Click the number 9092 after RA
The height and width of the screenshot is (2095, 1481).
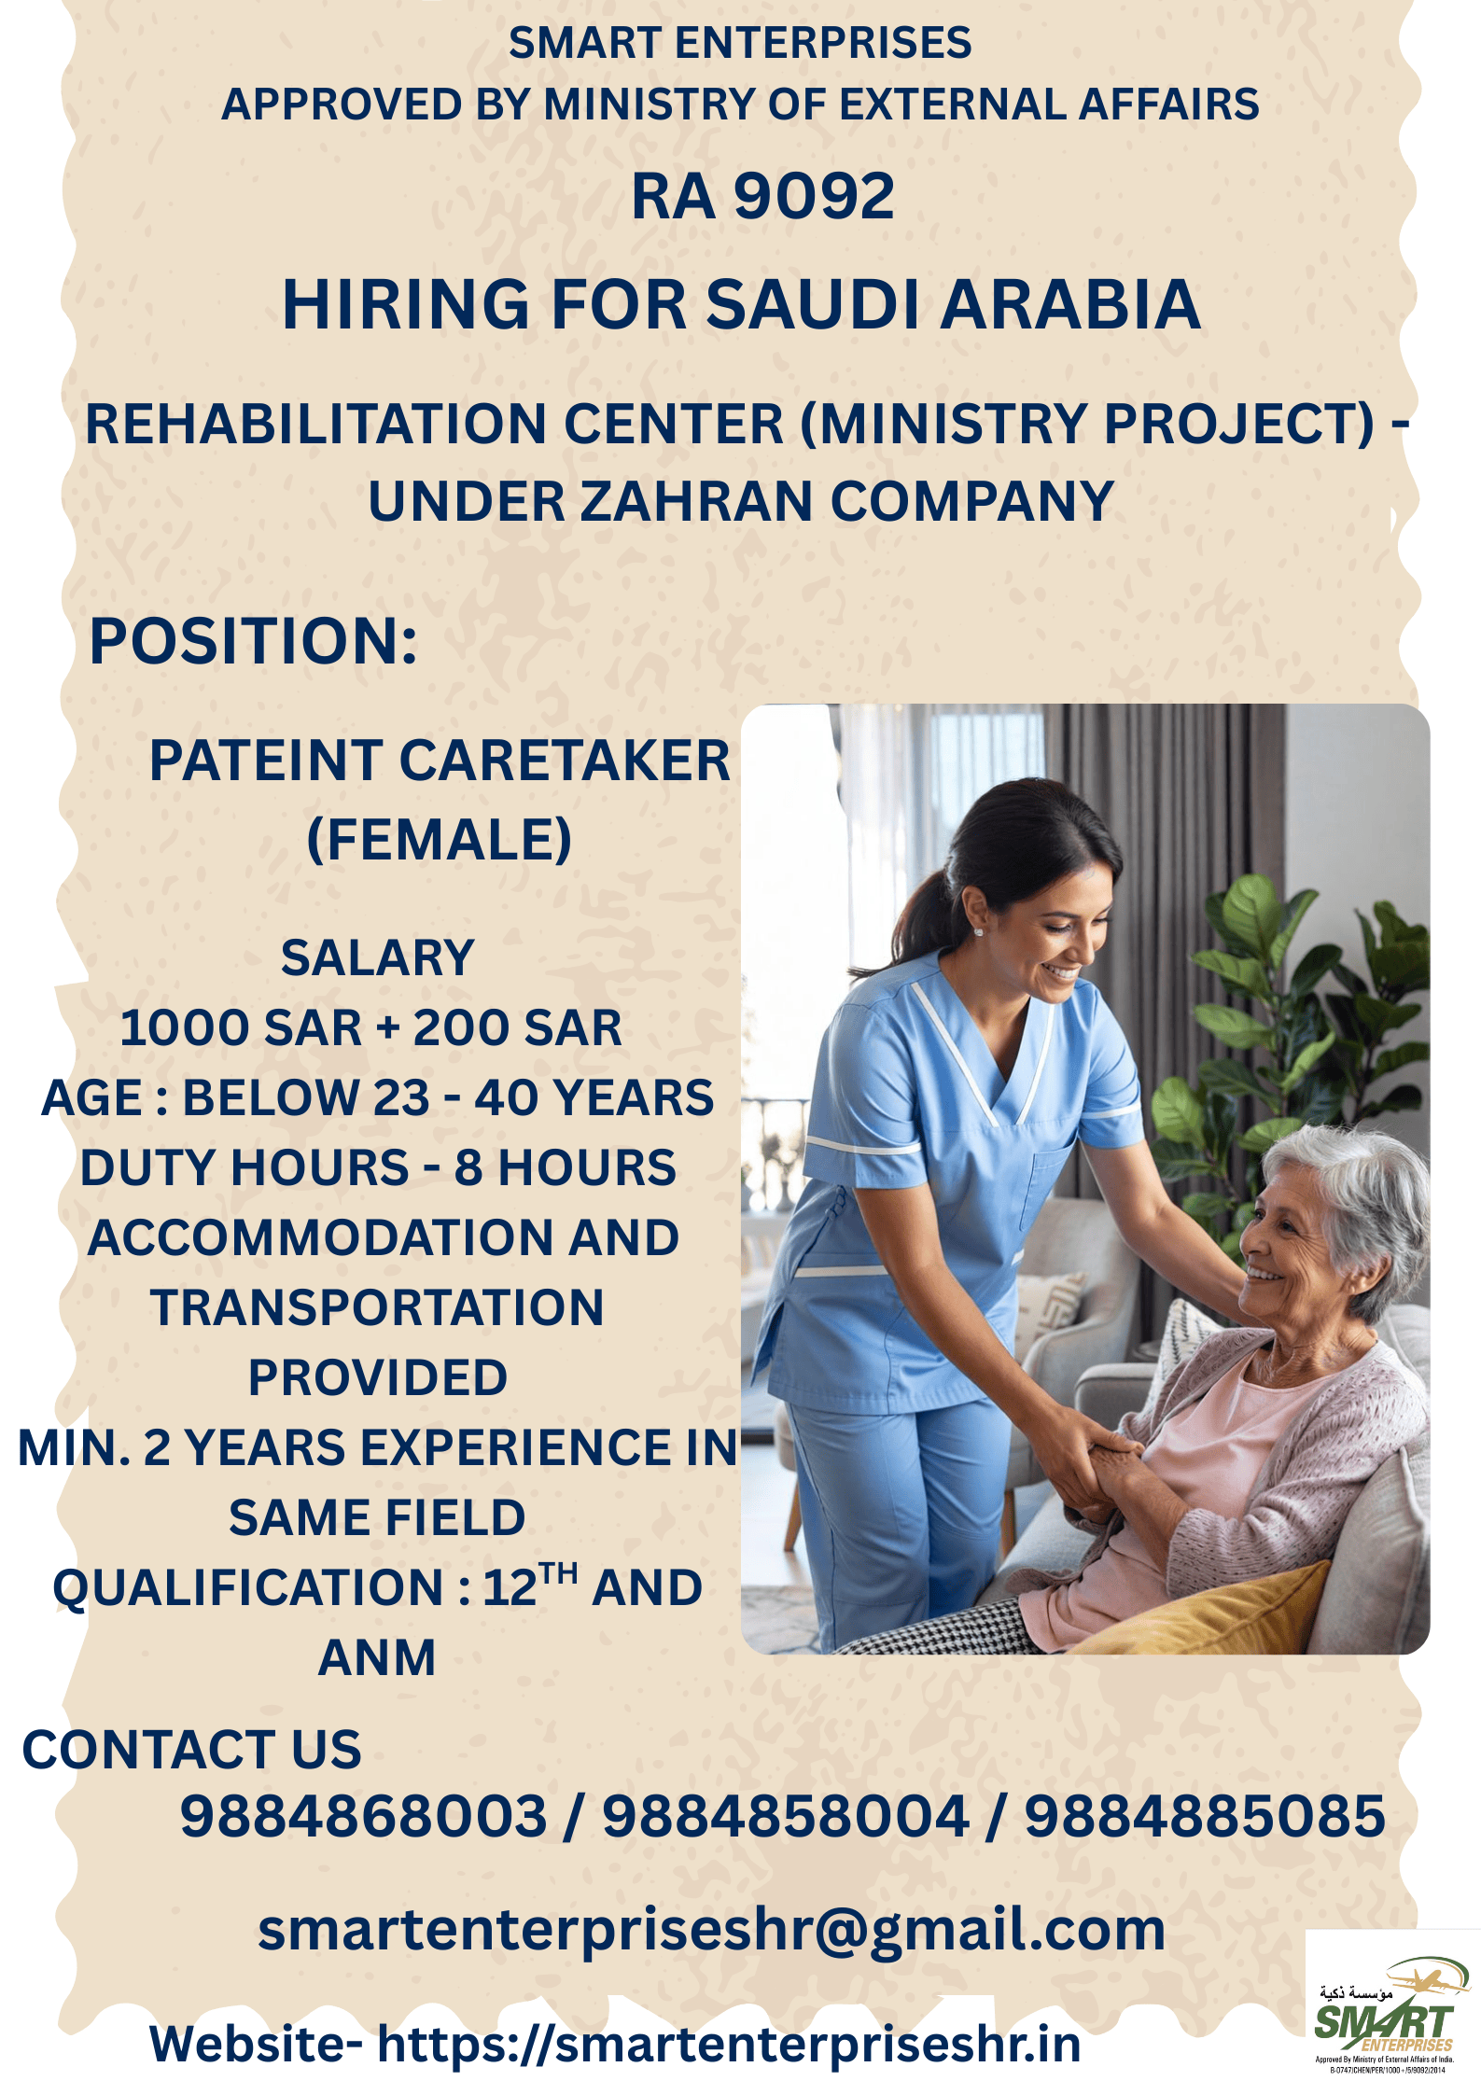click(814, 197)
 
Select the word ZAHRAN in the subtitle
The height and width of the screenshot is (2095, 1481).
click(696, 502)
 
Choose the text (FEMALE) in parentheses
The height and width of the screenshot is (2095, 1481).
click(440, 839)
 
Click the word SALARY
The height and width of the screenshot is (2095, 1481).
click(378, 958)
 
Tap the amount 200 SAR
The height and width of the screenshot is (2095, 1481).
click(517, 1028)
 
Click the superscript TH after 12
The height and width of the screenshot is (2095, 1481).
click(559, 1573)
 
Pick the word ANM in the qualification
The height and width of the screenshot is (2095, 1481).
click(377, 1658)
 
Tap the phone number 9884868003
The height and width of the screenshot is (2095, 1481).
click(363, 1816)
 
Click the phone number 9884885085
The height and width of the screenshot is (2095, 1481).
click(1205, 1816)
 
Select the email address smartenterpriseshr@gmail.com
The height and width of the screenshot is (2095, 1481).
click(712, 1929)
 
